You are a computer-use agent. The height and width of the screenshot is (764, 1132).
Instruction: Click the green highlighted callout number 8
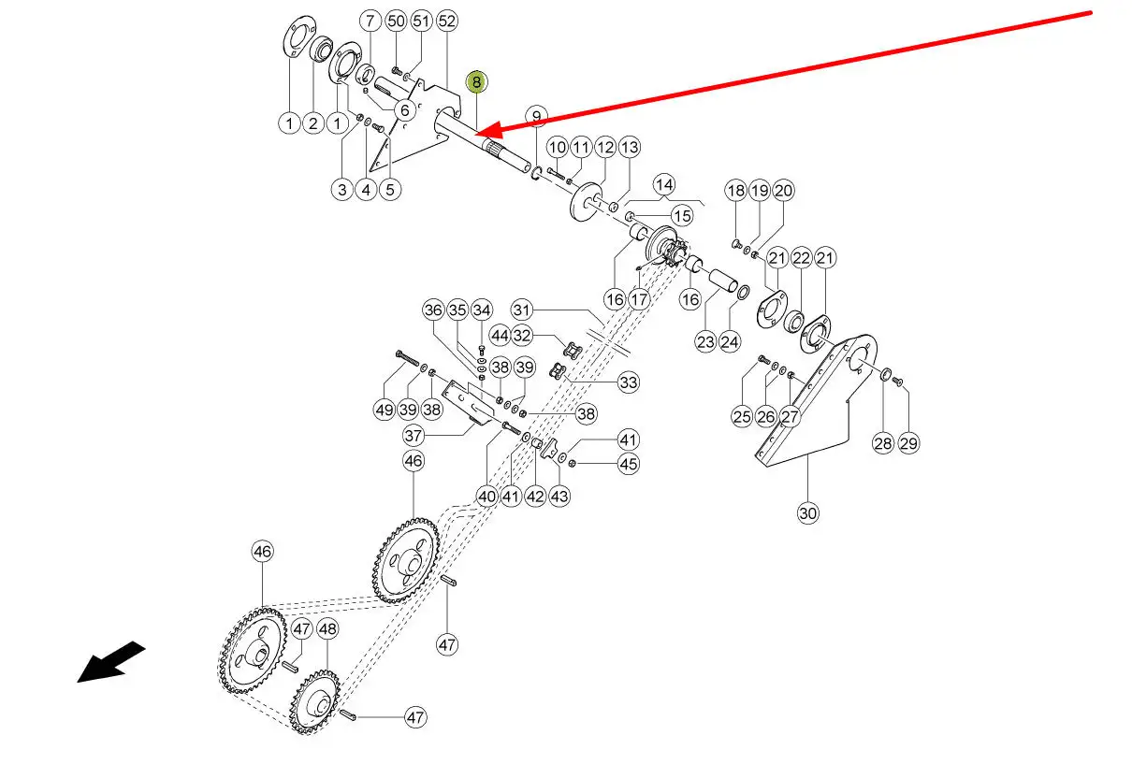tap(476, 82)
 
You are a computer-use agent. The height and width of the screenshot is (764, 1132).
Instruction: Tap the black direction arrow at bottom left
tap(110, 662)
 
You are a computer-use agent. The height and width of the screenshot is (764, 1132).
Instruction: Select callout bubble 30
tap(808, 512)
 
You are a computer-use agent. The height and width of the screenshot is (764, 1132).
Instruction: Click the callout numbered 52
tap(446, 21)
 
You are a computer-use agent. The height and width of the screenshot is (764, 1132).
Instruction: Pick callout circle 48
tap(327, 629)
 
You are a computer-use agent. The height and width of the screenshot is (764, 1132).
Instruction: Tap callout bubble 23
tap(705, 341)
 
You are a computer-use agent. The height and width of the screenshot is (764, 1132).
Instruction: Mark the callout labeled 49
tap(384, 409)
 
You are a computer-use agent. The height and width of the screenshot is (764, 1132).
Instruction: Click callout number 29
tap(908, 443)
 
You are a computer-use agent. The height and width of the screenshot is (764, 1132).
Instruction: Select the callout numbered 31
tap(521, 310)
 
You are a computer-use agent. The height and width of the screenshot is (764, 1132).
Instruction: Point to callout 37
tap(414, 436)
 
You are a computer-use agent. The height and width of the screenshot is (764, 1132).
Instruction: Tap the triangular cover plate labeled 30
tap(814, 402)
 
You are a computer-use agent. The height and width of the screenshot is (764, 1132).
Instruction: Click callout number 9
tap(535, 117)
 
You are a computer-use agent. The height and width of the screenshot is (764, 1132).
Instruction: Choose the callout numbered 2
tap(312, 123)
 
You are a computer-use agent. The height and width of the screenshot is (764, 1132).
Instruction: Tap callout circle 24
tap(730, 341)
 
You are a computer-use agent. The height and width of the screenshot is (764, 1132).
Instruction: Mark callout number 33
tap(628, 382)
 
